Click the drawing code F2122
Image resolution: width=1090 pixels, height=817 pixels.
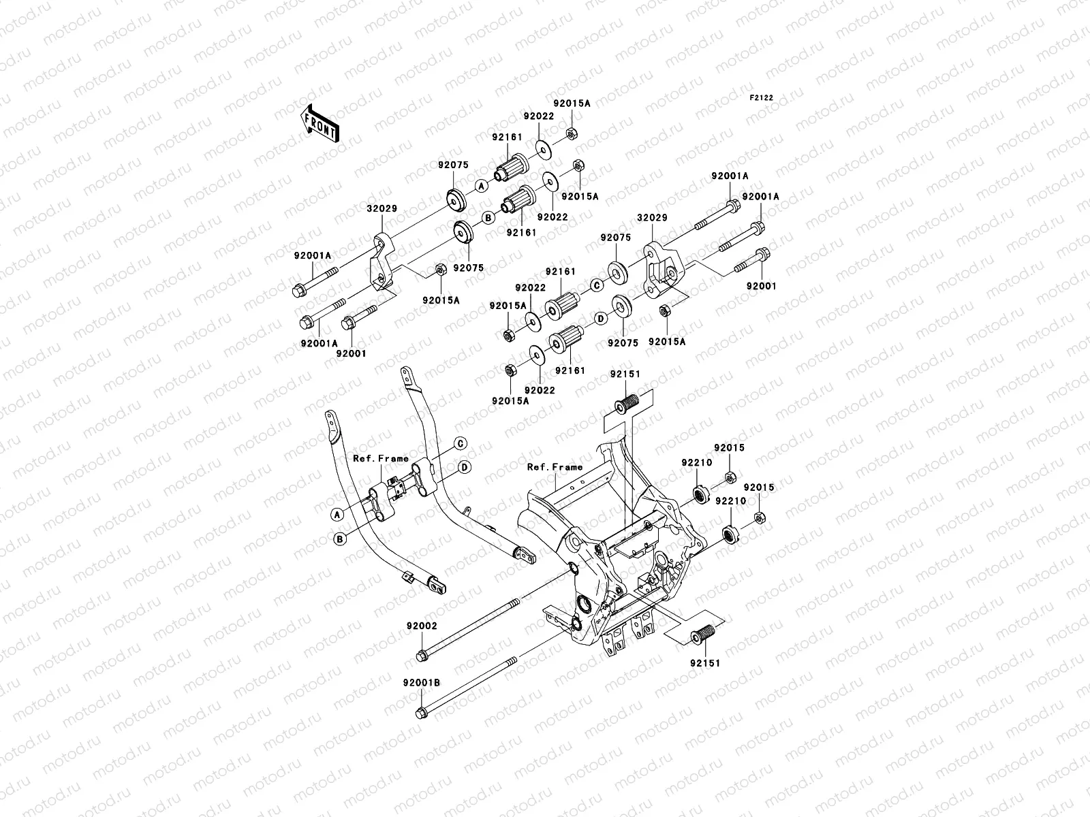pos(762,98)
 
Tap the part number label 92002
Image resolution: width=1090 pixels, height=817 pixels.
pos(422,625)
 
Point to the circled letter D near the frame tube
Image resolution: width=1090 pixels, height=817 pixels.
pos(464,467)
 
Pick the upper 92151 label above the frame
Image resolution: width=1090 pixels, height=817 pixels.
pos(625,374)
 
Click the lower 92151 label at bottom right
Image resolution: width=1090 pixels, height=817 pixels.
pos(705,662)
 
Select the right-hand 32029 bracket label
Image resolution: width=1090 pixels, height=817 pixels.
pos(652,219)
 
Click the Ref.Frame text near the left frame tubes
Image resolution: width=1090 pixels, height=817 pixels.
pos(381,458)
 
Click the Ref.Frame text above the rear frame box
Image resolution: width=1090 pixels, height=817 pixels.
pos(555,467)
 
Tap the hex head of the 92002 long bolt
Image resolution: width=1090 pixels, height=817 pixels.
pos(421,656)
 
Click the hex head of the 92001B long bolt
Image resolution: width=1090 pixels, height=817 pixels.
pos(420,713)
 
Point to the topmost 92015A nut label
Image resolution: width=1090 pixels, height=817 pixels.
pos(572,103)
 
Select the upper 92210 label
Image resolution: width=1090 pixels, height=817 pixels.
pos(696,462)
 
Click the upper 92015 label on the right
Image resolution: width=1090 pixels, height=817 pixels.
pos(729,448)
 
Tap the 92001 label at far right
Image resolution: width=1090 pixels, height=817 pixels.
pos(761,287)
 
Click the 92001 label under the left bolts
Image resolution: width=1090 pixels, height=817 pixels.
pos(351,353)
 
